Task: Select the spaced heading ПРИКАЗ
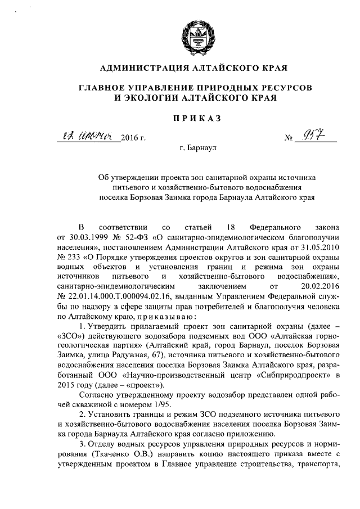click(x=193, y=118)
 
